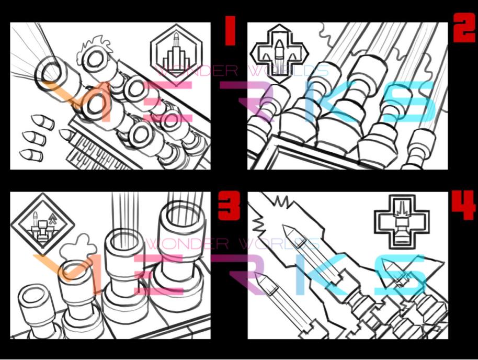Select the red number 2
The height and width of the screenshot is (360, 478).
(x=464, y=30)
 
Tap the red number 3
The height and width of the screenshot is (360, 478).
(x=228, y=205)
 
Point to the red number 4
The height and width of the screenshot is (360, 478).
(x=463, y=205)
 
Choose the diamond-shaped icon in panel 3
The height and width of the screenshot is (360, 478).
(x=42, y=223)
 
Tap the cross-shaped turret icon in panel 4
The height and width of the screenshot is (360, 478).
(x=401, y=222)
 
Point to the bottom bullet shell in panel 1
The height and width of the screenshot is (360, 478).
(x=31, y=155)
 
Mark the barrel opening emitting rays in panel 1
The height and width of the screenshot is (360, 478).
(x=52, y=72)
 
